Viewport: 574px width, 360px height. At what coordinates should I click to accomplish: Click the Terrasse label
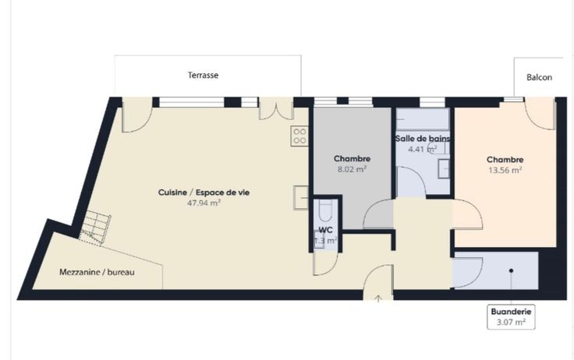pyautogui.click(x=204, y=75)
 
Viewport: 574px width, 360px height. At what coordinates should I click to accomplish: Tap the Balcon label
pyautogui.click(x=539, y=77)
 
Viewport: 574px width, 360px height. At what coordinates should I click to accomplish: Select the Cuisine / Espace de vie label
pyautogui.click(x=204, y=192)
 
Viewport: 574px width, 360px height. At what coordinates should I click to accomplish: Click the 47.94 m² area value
pyautogui.click(x=204, y=203)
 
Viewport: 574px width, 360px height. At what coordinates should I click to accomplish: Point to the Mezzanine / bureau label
pyautogui.click(x=97, y=272)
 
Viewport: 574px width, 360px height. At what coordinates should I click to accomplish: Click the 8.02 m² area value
pyautogui.click(x=352, y=169)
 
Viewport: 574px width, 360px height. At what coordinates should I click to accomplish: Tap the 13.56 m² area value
pyautogui.click(x=505, y=170)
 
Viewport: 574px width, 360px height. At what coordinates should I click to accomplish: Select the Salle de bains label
pyautogui.click(x=423, y=139)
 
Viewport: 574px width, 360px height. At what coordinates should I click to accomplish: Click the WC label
pyautogui.click(x=326, y=230)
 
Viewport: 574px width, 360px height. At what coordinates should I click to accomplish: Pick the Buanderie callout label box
pyautogui.click(x=511, y=317)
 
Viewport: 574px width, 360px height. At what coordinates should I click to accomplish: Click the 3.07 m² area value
pyautogui.click(x=511, y=323)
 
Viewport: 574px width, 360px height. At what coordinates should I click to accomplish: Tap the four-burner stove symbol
pyautogui.click(x=299, y=136)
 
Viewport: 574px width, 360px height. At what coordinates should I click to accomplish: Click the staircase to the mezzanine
pyautogui.click(x=96, y=228)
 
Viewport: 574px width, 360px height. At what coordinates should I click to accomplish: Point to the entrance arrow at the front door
pyautogui.click(x=378, y=298)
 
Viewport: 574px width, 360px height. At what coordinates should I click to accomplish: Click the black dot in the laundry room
pyautogui.click(x=511, y=270)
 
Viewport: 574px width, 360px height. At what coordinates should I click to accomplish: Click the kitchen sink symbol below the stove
pyautogui.click(x=301, y=197)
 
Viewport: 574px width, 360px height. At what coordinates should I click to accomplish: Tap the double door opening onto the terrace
pyautogui.click(x=276, y=108)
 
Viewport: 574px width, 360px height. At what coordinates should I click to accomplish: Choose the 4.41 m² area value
pyautogui.click(x=423, y=150)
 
